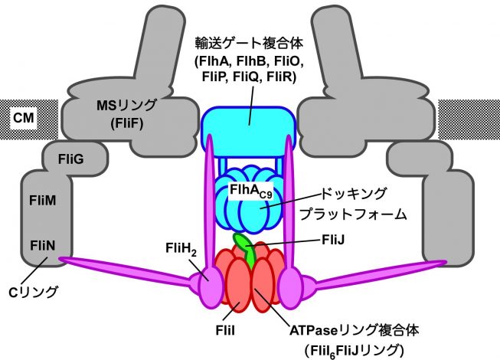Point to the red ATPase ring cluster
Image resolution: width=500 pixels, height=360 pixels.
pos(248,280)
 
